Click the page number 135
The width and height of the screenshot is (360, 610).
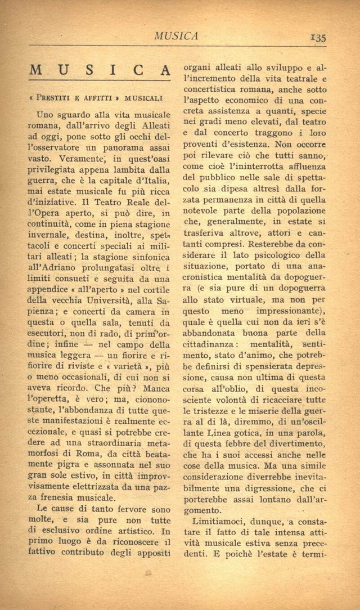[x=317, y=37]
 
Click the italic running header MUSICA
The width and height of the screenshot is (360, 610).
[x=177, y=36]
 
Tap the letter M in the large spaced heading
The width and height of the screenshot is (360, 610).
[x=37, y=71]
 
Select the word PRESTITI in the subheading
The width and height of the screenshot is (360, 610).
[x=56, y=97]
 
